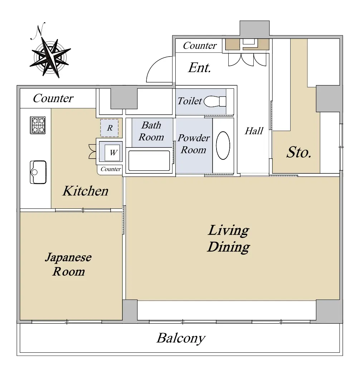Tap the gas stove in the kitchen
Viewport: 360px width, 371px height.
pos(38,125)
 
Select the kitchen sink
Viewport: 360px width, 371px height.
pos(38,172)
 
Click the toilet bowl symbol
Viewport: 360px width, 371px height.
pos(215,101)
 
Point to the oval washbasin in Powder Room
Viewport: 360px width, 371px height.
pos(223,145)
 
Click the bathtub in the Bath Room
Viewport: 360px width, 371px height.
pos(149,160)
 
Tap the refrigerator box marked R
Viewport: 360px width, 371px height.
pos(110,128)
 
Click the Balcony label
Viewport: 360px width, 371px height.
pos(181,338)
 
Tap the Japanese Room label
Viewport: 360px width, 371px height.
pos(68,264)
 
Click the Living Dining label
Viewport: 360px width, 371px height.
pos(229,238)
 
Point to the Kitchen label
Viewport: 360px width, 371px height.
pos(85,191)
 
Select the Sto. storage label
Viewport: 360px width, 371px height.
pos(299,152)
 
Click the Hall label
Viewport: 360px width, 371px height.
pos(254,131)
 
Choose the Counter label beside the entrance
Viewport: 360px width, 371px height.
pos(200,45)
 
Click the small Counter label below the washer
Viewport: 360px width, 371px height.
pos(111,169)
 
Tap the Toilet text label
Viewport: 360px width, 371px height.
pos(190,101)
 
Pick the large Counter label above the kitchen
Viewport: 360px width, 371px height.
pos(53,98)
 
